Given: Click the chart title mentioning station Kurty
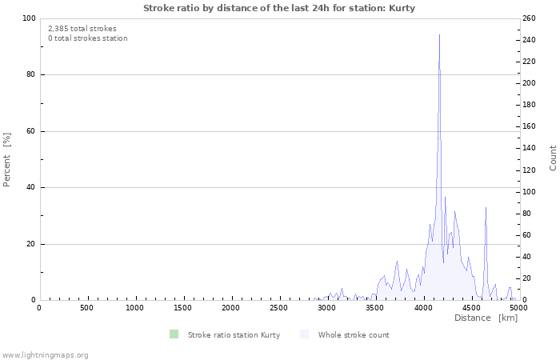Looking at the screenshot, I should (x=279, y=8).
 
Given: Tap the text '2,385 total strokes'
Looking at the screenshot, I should (x=82, y=29).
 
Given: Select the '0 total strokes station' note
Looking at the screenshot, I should (x=87, y=38).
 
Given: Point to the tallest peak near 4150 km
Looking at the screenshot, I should (x=439, y=36).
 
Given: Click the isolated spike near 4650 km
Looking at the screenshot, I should (x=486, y=208).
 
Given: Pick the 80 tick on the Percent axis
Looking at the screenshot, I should (x=30, y=75).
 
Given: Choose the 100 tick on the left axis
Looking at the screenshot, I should (x=29, y=18).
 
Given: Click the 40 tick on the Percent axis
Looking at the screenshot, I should (x=30, y=188).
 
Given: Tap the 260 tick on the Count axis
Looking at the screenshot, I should (x=530, y=18).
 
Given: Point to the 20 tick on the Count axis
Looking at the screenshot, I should (x=527, y=279).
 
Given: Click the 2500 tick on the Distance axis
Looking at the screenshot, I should (x=278, y=308).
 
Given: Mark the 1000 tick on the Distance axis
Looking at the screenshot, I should (x=135, y=308).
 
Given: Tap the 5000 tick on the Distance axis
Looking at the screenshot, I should (x=518, y=308).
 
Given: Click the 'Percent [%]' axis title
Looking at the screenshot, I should (x=7, y=159).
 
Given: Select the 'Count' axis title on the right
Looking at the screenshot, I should (x=553, y=158).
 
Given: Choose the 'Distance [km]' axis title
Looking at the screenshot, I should (x=486, y=318).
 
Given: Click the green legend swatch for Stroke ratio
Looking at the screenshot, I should (x=174, y=334).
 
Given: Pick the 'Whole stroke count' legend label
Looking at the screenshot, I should (x=354, y=335).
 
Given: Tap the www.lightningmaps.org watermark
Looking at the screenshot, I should (x=45, y=354).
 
